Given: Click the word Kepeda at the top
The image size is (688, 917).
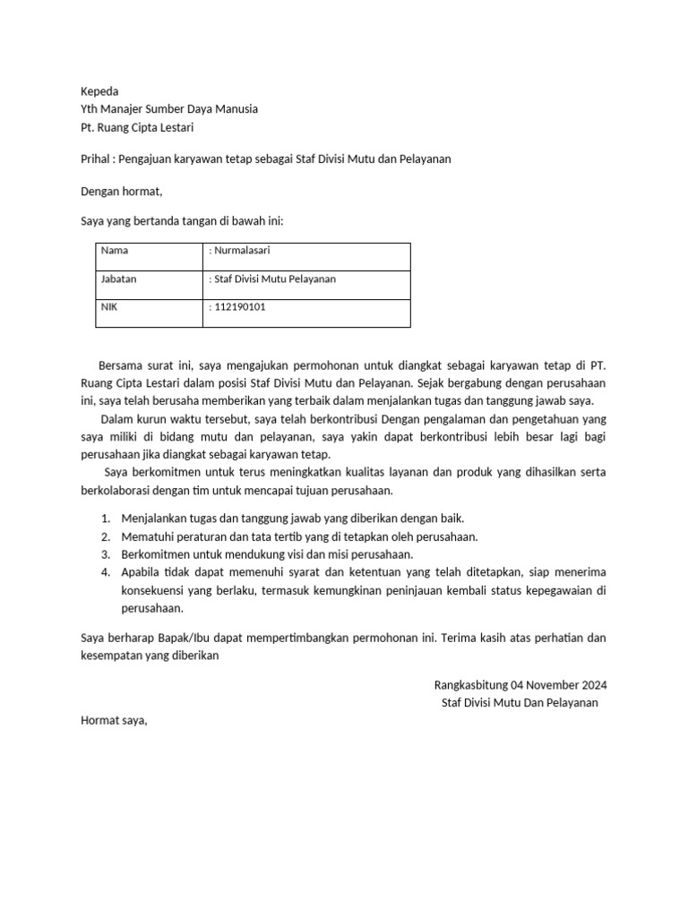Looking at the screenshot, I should pyautogui.click(x=99, y=91).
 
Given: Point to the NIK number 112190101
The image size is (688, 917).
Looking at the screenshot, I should pyautogui.click(x=239, y=307).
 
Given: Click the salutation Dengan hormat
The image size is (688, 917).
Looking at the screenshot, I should pyautogui.click(x=122, y=191).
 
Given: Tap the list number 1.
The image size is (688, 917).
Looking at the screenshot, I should pyautogui.click(x=105, y=518).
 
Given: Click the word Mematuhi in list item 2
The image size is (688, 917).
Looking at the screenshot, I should pyautogui.click(x=146, y=536).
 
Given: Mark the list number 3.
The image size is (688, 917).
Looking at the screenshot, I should pyautogui.click(x=105, y=554).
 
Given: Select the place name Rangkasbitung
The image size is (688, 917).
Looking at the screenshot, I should pyautogui.click(x=470, y=685).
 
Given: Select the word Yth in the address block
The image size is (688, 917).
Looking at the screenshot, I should pyautogui.click(x=90, y=108).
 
